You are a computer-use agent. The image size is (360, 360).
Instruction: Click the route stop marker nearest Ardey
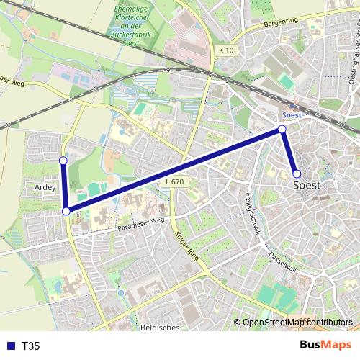tap(63, 161)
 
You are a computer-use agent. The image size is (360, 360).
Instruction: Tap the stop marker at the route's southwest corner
tap(66, 211)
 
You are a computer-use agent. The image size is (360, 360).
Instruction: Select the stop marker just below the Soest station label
tap(282, 129)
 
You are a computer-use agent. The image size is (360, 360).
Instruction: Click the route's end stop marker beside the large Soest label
tap(297, 174)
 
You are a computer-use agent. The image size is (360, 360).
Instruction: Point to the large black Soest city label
tap(312, 185)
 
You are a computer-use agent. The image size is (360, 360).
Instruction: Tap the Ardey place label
tap(45, 186)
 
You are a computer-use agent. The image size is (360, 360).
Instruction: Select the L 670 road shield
tap(174, 183)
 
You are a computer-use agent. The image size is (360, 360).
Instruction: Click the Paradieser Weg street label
tap(141, 223)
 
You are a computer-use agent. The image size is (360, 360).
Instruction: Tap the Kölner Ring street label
tap(186, 244)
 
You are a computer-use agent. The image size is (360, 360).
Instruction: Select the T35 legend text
tap(31, 346)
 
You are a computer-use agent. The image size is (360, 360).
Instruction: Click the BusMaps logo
tap(321, 346)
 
